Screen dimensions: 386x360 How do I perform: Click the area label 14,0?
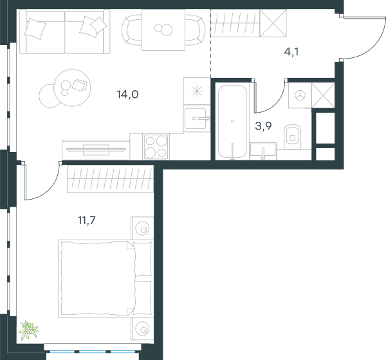127,95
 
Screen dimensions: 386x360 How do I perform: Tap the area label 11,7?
87,220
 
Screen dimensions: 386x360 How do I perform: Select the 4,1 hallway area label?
291,52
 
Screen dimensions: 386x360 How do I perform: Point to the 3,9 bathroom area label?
263,126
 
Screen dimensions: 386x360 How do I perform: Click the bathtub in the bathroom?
232,122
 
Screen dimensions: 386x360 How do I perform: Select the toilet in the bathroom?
293,137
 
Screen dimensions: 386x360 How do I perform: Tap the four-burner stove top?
156,147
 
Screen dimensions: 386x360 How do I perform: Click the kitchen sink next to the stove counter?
196,118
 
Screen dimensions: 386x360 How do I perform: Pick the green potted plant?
28,330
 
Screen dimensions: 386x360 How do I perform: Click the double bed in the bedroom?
105,278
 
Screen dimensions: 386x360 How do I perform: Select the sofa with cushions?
65,32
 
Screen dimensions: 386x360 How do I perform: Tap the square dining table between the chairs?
163,30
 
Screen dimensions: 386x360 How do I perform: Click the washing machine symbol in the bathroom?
300,95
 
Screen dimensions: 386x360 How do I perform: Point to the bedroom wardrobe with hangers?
110,178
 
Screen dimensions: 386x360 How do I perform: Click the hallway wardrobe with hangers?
249,23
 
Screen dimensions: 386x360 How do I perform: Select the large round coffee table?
72,88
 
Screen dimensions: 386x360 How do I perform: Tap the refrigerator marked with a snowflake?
197,91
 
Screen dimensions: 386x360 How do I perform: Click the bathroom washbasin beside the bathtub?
263,151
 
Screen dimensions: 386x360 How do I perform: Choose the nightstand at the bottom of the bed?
143,330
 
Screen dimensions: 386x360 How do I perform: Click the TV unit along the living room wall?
96,150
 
